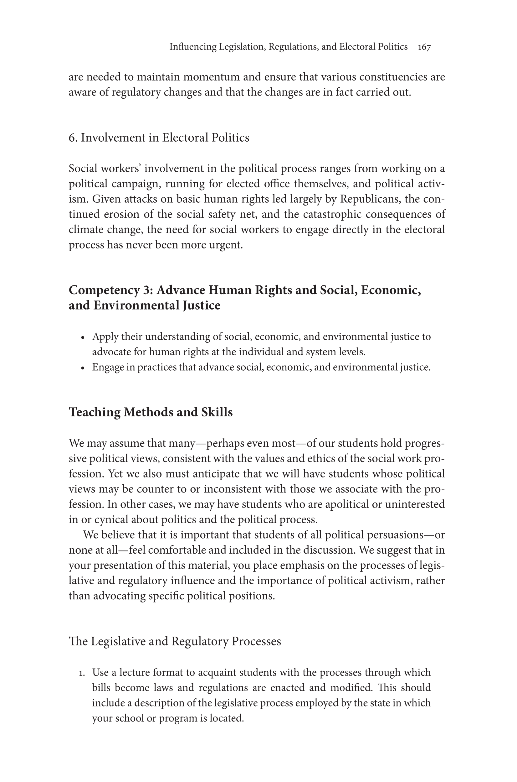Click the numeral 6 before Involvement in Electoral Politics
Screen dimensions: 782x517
click(72, 138)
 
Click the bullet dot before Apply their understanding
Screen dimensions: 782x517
click(83, 338)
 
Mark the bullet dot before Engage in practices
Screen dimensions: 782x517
click(83, 368)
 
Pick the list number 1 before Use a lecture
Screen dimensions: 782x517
click(82, 673)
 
